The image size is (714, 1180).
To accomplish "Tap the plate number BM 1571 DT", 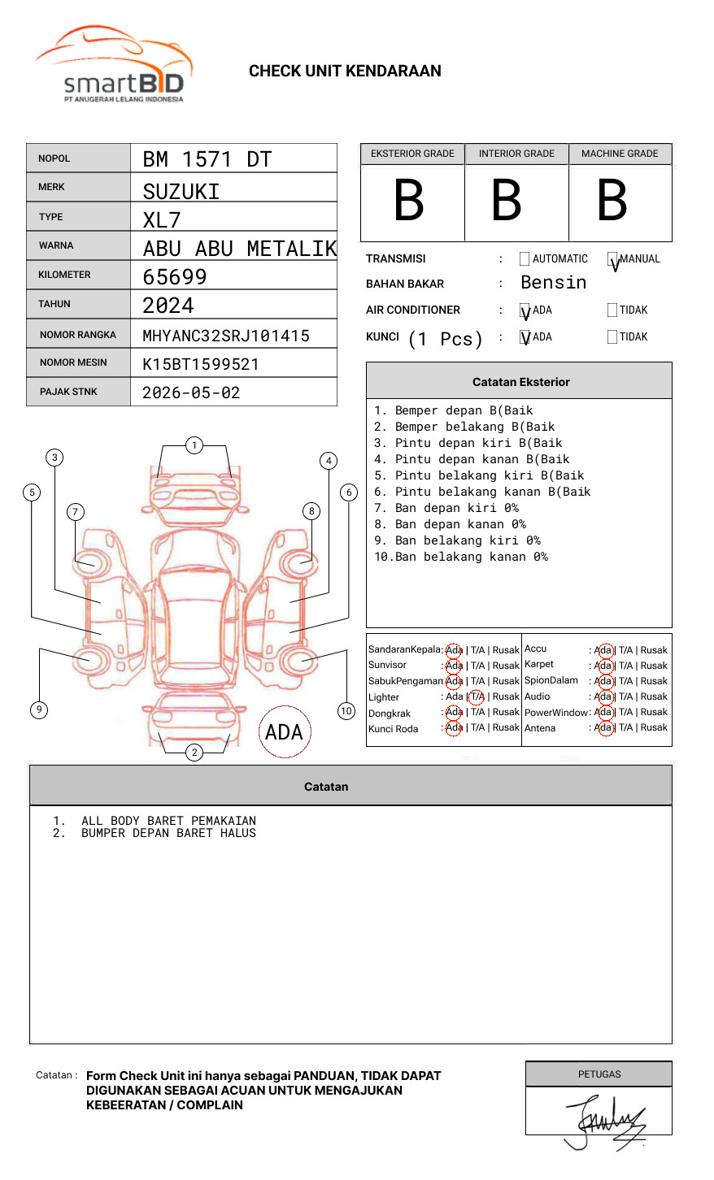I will (x=207, y=159).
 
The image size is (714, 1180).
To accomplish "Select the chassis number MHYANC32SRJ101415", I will (x=226, y=336).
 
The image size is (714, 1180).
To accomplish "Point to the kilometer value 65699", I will (x=175, y=277).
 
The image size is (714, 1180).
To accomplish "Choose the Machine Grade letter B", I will (x=612, y=201).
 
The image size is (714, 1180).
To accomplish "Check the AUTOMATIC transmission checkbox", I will (x=525, y=259).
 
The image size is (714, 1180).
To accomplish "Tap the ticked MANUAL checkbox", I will (x=612, y=259).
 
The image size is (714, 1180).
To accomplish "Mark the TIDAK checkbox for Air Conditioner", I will (x=612, y=310).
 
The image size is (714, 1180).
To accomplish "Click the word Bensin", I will (x=553, y=283).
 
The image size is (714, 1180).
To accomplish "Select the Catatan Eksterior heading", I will (x=520, y=382).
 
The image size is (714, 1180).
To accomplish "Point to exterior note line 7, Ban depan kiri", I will (x=446, y=508).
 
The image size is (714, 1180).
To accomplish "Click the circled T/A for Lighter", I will (x=477, y=697).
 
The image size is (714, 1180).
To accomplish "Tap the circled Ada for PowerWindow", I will (x=603, y=713).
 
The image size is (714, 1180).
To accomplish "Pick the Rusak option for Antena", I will (x=654, y=728).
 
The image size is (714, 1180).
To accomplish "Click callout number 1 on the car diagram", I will (x=194, y=445).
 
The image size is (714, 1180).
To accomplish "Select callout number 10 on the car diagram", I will (x=346, y=711).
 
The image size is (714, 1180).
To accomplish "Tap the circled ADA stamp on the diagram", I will (x=284, y=732).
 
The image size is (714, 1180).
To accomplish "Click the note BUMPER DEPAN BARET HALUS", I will (x=168, y=833).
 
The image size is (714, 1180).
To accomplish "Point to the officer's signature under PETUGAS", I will (x=606, y=1121).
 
